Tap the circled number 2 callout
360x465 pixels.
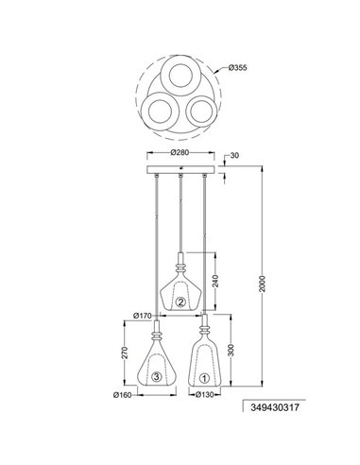point(180,302)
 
